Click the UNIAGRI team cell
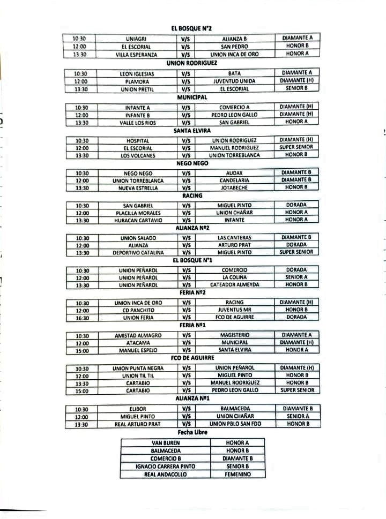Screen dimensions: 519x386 click(137, 39)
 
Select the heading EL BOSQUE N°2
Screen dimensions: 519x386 click(192, 28)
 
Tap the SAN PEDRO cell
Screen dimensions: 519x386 click(234, 47)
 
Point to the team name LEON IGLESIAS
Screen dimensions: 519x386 click(137, 73)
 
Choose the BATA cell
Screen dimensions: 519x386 click(234, 73)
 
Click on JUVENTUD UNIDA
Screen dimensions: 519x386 click(234, 81)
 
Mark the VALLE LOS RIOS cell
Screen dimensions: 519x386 click(137, 123)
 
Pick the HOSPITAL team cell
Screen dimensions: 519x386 click(137, 141)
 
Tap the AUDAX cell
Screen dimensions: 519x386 click(234, 174)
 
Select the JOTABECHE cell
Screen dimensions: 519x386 click(234, 188)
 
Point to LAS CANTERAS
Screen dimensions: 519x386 click(234, 238)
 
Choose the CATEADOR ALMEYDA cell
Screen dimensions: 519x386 click(234, 285)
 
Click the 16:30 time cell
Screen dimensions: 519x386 click(81, 318)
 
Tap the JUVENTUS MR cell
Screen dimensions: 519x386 click(234, 310)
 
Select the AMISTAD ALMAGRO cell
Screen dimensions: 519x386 click(137, 335)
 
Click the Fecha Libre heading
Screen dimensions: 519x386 click(192, 432)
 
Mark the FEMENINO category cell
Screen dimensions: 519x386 click(237, 474)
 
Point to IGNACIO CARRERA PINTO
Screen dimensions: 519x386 click(165, 467)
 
